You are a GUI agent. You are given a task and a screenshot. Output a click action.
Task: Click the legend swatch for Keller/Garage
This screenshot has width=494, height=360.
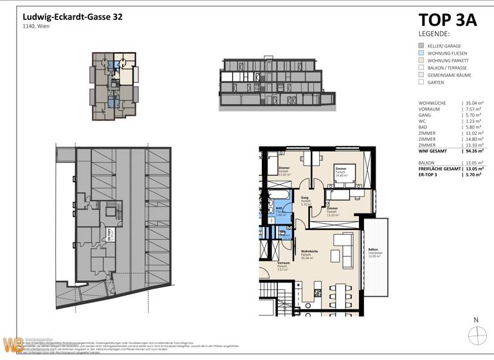(x=421, y=46)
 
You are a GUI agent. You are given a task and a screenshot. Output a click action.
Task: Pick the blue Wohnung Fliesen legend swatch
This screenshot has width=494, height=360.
(x=421, y=53)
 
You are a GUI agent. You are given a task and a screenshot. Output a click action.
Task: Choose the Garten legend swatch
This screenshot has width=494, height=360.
(x=421, y=82)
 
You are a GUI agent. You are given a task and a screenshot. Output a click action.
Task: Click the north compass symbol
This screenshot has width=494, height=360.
(x=477, y=336)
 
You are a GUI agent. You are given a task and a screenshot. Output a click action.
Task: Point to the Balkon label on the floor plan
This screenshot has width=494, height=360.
(x=372, y=249)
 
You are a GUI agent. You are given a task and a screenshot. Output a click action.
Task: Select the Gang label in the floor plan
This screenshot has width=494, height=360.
(x=304, y=197)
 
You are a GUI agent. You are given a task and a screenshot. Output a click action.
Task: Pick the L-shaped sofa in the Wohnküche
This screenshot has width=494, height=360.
(x=344, y=244)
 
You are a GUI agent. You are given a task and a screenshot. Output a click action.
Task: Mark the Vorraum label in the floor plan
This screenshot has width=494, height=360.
(x=284, y=263)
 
